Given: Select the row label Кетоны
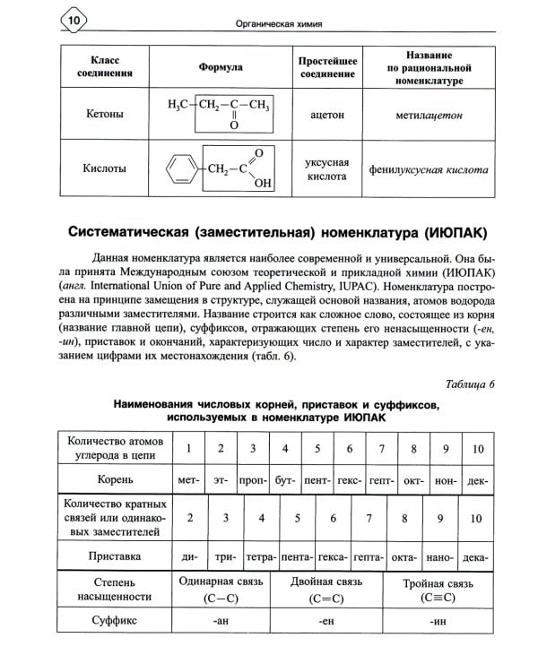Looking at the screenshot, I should click(106, 115).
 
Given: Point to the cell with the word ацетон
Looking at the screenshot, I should click(326, 116).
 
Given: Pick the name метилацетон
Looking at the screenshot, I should click(429, 116).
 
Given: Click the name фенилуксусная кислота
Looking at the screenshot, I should click(429, 168).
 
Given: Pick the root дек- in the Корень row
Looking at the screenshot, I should click(478, 480).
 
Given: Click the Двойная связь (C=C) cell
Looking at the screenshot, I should click(320, 590).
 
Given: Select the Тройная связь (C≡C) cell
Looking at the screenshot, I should click(437, 590).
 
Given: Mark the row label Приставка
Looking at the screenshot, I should click(111, 556).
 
